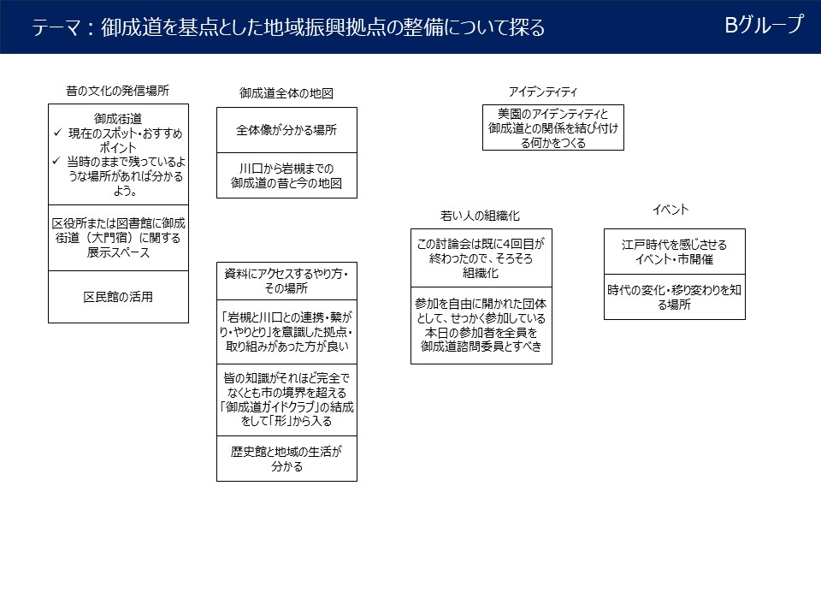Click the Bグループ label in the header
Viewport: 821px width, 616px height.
pyautogui.click(x=764, y=26)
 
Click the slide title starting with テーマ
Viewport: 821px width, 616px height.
pyautogui.click(x=288, y=28)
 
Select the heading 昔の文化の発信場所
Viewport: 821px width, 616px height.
pyautogui.click(x=117, y=90)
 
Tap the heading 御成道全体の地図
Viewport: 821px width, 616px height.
pyautogui.click(x=286, y=93)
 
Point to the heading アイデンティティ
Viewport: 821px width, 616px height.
pyautogui.click(x=542, y=92)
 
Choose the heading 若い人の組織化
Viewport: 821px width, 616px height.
pyautogui.click(x=480, y=216)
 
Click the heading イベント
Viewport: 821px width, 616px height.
pyautogui.click(x=670, y=210)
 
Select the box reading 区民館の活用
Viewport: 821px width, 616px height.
pyautogui.click(x=118, y=297)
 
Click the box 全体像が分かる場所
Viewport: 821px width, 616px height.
pyautogui.click(x=286, y=130)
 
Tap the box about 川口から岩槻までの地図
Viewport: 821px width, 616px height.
pyautogui.click(x=286, y=175)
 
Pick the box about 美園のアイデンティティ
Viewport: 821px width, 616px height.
pyautogui.click(x=552, y=127)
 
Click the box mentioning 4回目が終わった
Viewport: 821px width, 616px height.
pyautogui.click(x=481, y=258)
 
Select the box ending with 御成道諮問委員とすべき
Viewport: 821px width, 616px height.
pyautogui.click(x=481, y=325)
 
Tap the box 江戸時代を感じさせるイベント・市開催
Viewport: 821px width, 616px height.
pyautogui.click(x=674, y=252)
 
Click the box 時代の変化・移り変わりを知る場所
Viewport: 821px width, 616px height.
pyautogui.click(x=674, y=297)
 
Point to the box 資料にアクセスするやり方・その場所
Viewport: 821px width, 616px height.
pyautogui.click(x=286, y=280)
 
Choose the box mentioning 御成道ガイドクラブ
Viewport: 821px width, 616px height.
pyautogui.click(x=286, y=399)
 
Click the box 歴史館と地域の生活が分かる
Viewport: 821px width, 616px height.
pyautogui.click(x=286, y=459)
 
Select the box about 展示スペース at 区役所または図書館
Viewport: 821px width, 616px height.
pyautogui.click(x=118, y=238)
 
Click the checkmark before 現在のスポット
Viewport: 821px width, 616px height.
pyautogui.click(x=57, y=134)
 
